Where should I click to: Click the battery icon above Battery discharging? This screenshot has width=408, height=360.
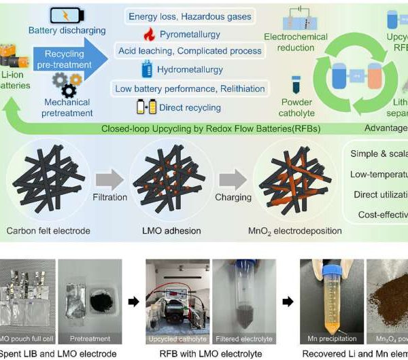[67, 15]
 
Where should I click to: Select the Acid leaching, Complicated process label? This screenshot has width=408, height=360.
[190, 51]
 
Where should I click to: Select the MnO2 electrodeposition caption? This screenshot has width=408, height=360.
[297, 231]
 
